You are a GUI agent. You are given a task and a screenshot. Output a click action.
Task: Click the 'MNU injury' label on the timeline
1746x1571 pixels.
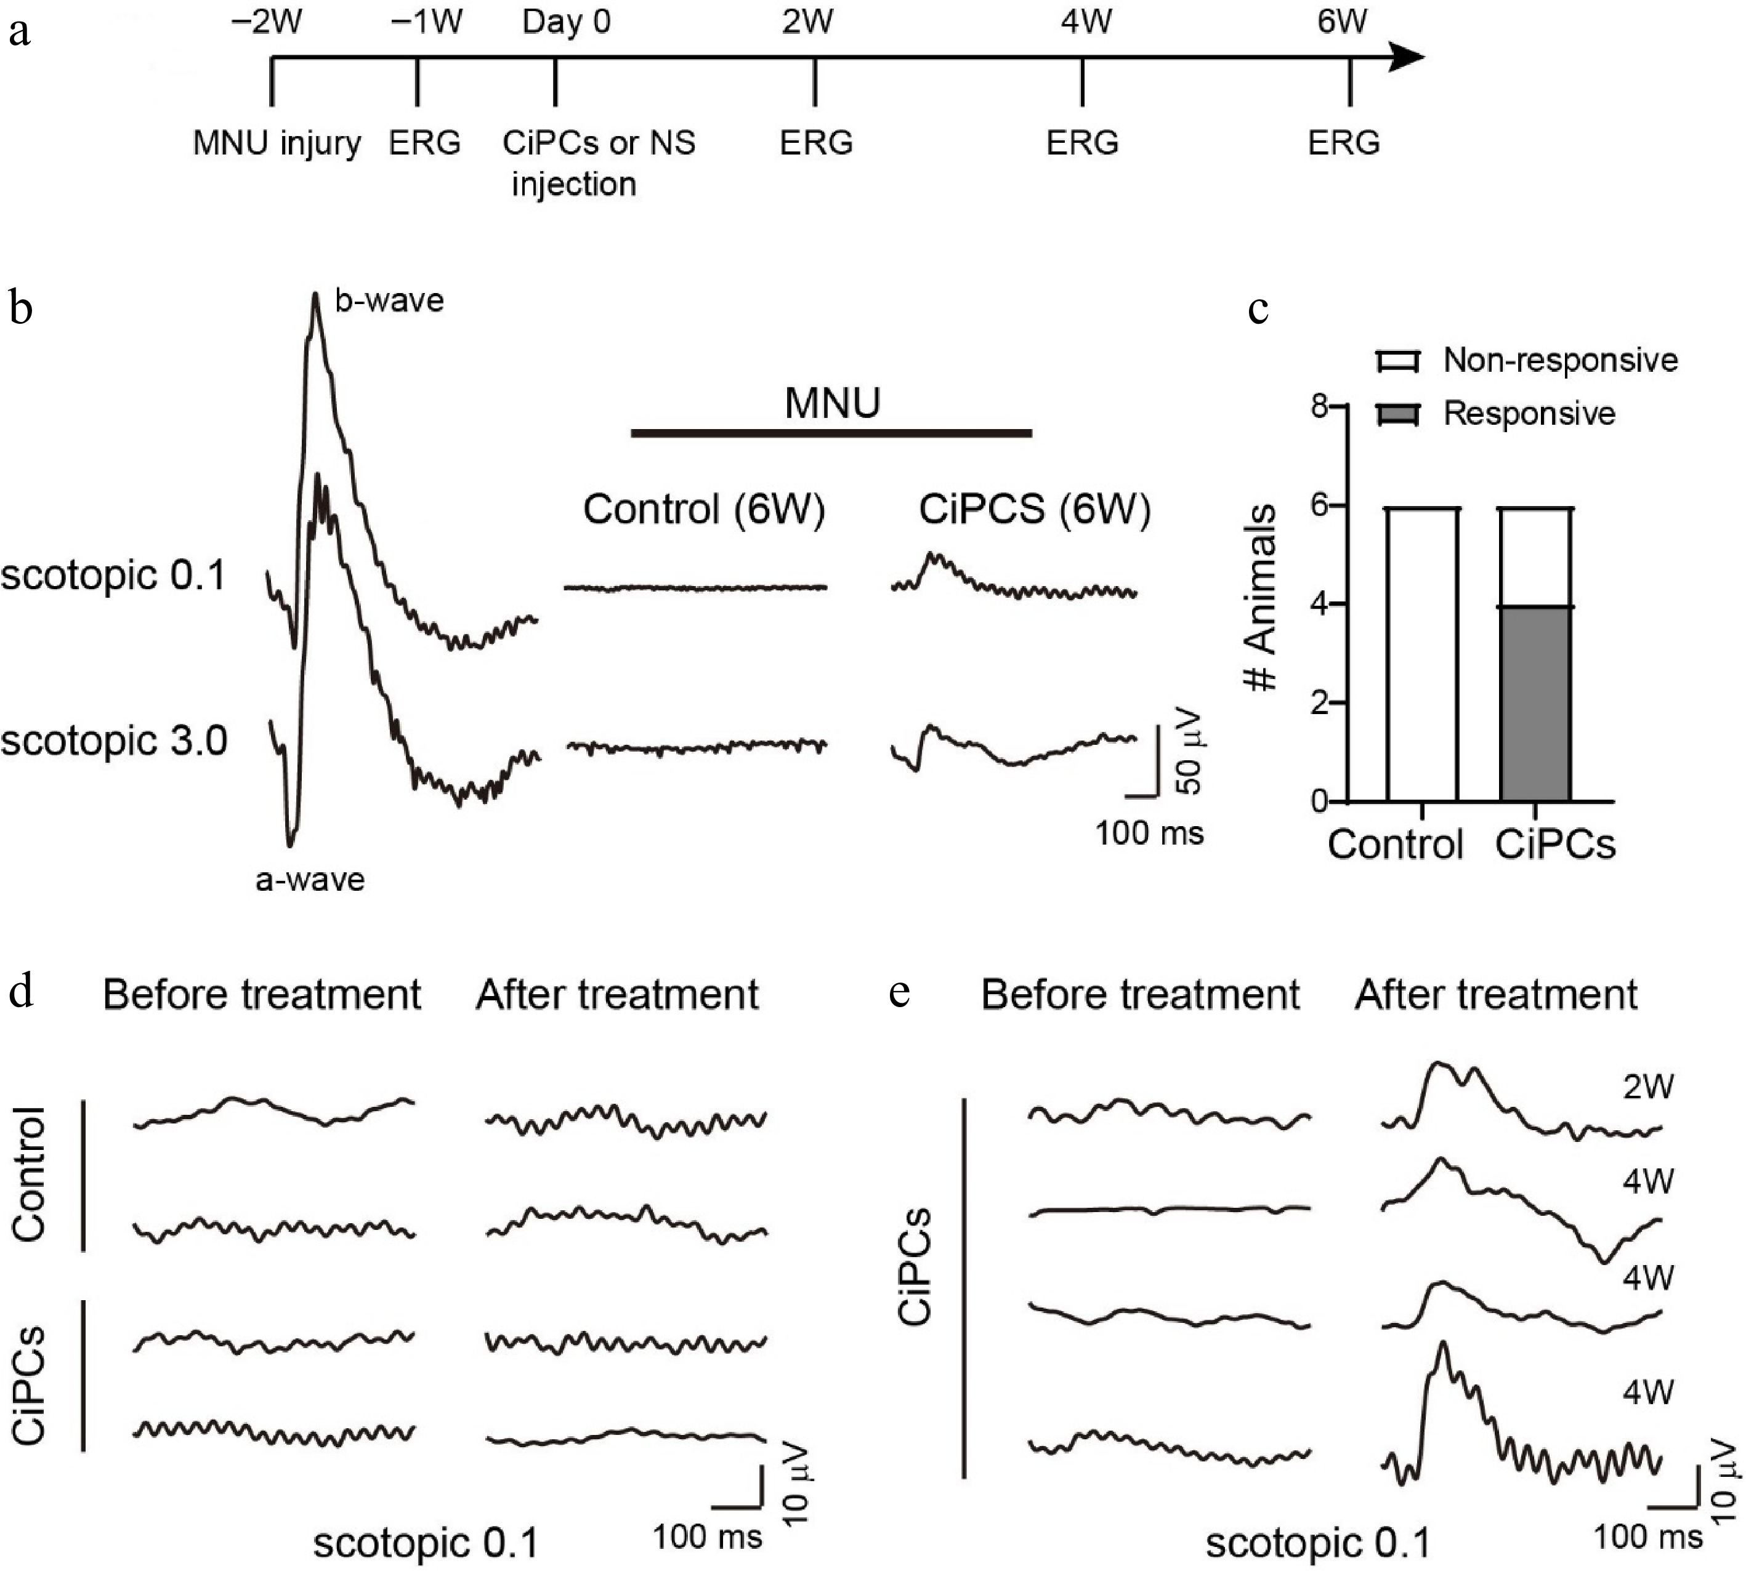[x=277, y=142]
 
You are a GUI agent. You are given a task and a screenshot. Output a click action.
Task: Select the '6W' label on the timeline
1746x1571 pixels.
[x=1342, y=22]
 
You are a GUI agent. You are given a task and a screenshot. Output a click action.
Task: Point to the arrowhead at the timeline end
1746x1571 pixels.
[x=1407, y=58]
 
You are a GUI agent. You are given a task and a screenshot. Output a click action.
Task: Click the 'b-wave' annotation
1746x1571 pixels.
[x=389, y=300]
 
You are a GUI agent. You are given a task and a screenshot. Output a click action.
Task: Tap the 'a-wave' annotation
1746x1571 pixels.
[x=310, y=880]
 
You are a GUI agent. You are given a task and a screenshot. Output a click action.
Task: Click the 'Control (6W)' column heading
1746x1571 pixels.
[x=704, y=509]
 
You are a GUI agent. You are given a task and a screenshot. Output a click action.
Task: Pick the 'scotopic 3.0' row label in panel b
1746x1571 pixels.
[x=113, y=741]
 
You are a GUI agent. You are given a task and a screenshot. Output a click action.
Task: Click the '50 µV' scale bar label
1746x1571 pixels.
[x=1190, y=751]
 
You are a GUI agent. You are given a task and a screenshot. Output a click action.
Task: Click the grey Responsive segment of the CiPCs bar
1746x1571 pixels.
[x=1534, y=704]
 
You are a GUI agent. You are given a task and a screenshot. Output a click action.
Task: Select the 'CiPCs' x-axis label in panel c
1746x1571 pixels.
[x=1554, y=844]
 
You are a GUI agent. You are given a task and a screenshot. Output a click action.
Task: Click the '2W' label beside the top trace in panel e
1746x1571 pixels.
[x=1647, y=1087]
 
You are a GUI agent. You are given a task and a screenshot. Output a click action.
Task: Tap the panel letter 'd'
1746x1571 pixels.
[x=22, y=993]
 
